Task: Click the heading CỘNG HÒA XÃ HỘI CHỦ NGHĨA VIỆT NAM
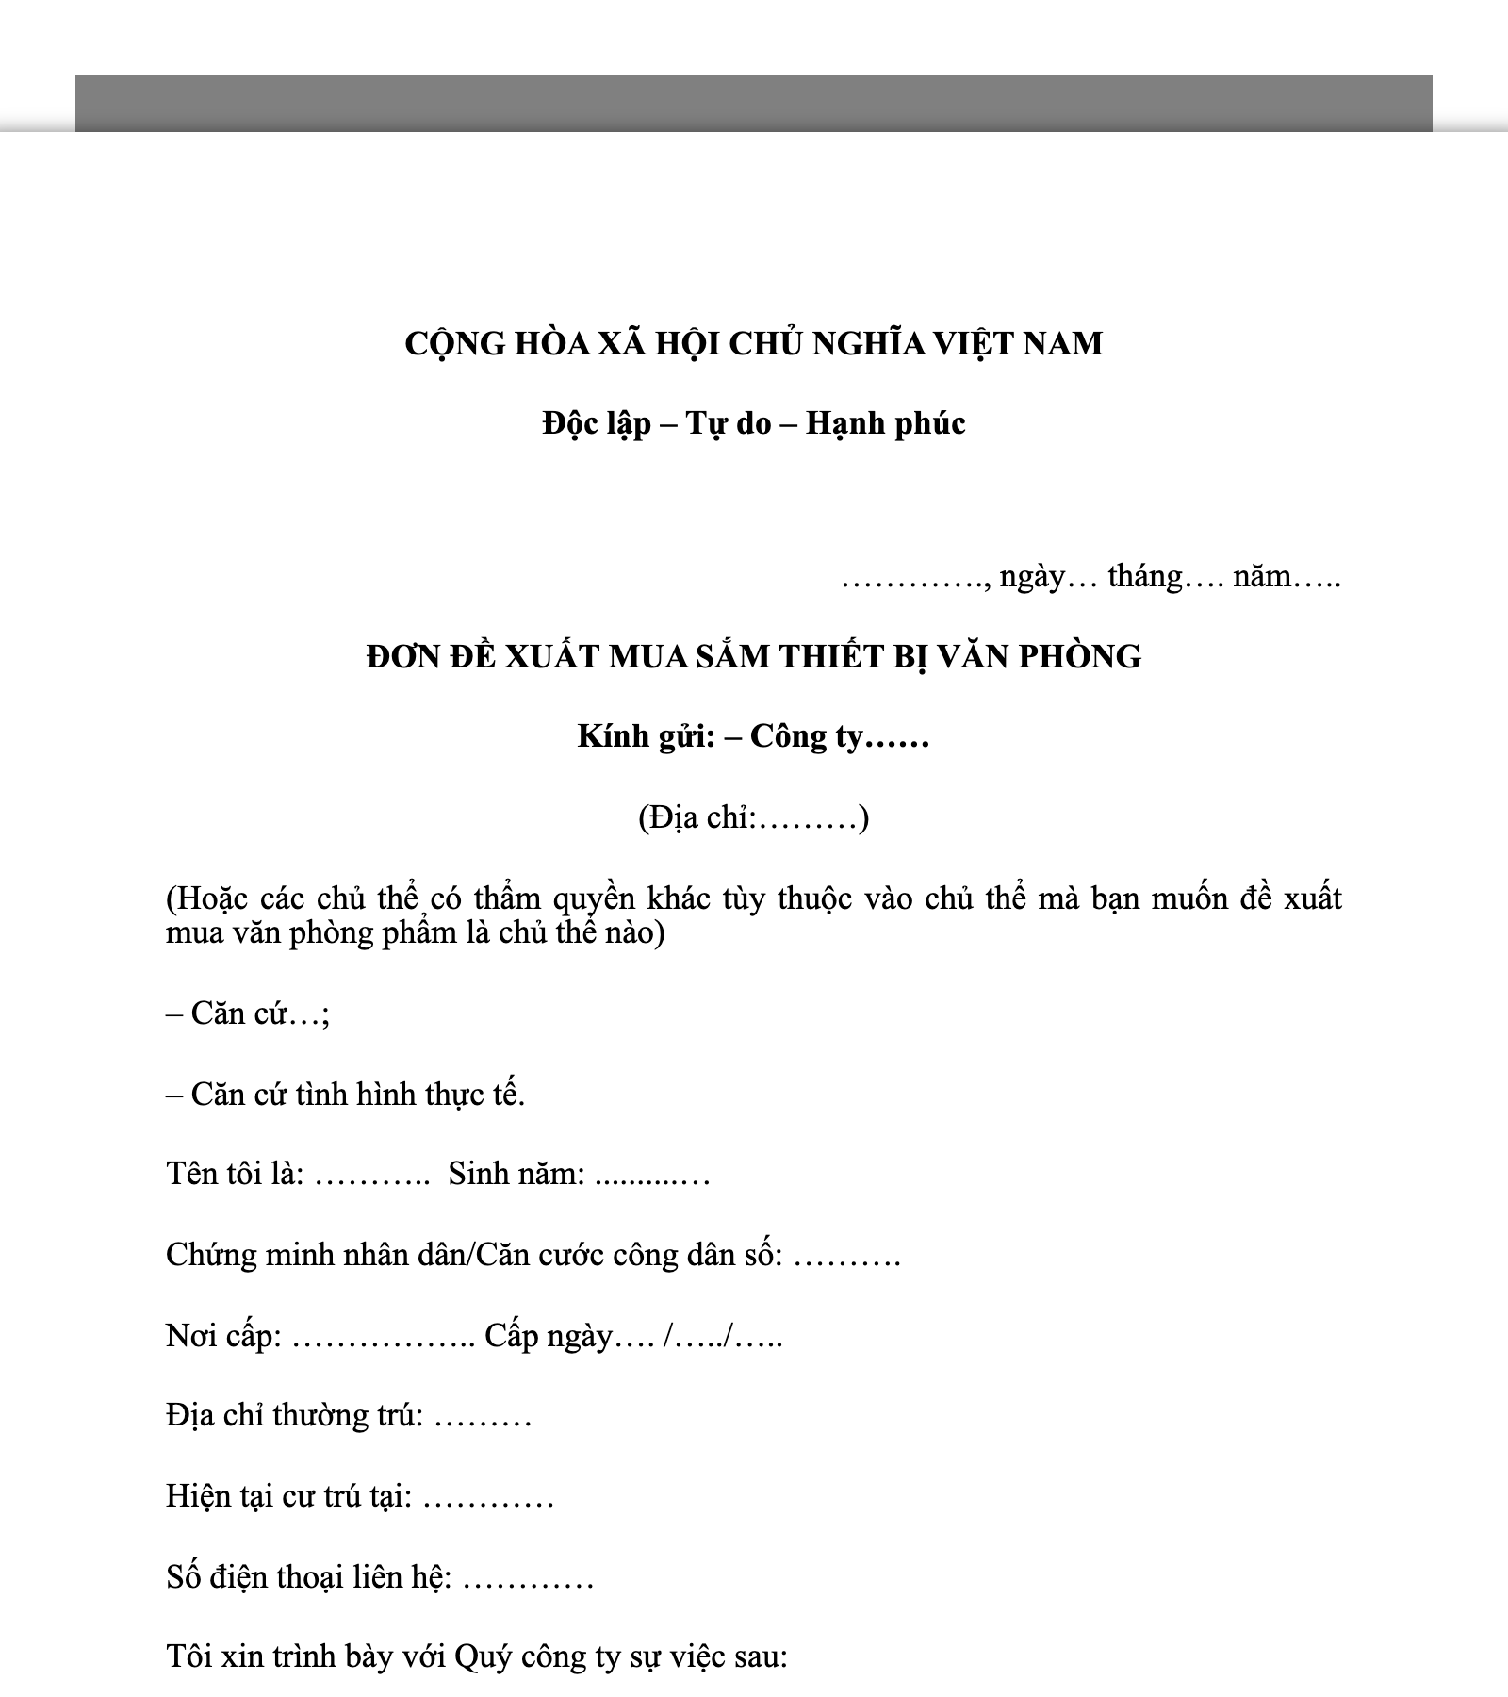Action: click(x=753, y=343)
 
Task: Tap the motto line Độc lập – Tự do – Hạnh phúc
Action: click(x=753, y=423)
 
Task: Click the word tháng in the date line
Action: click(x=1144, y=576)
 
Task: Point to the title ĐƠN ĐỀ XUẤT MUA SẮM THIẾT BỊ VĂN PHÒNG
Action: click(x=753, y=656)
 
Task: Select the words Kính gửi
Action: click(x=646, y=736)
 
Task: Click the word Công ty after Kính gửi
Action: click(x=806, y=736)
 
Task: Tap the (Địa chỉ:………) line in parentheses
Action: click(x=753, y=817)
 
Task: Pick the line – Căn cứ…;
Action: click(x=248, y=1013)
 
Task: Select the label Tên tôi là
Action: click(x=234, y=1175)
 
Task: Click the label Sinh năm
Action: click(x=516, y=1175)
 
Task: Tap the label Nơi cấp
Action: click(x=222, y=1336)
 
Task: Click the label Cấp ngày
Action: click(x=548, y=1336)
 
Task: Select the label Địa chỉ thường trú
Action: click(x=294, y=1416)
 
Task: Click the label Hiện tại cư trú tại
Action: click(x=288, y=1497)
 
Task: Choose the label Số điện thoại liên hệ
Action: click(x=309, y=1577)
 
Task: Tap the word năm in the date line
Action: click(x=1261, y=576)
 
